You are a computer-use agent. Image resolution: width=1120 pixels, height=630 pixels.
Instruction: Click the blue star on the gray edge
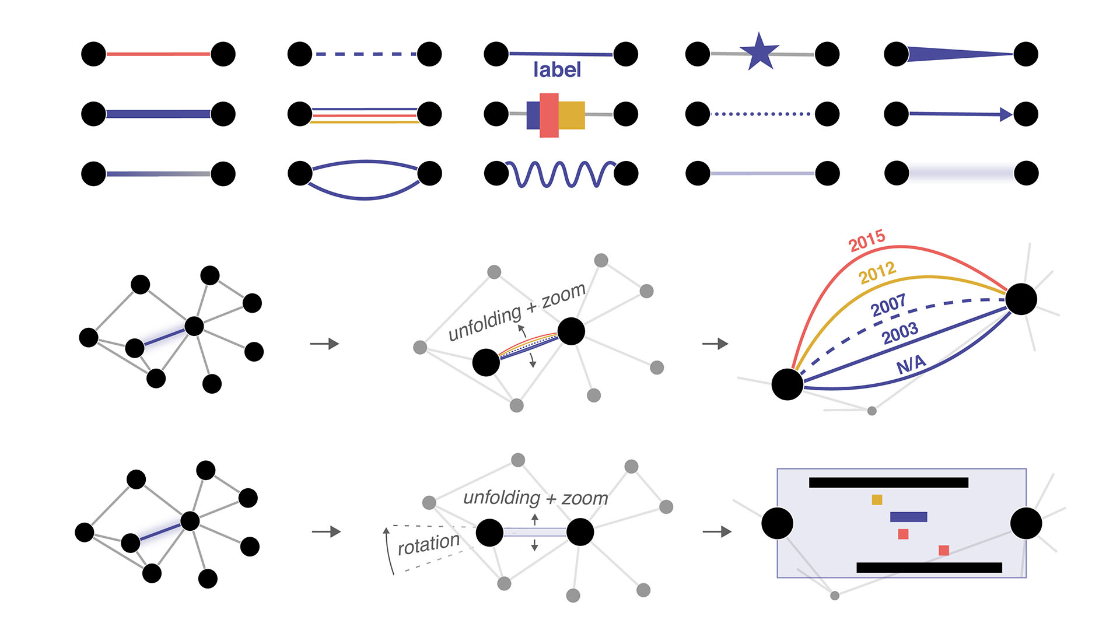click(x=759, y=52)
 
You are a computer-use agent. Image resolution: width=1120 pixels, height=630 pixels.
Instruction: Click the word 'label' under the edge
click(x=557, y=70)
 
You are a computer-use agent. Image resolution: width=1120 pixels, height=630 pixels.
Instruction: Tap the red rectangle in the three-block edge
click(x=549, y=115)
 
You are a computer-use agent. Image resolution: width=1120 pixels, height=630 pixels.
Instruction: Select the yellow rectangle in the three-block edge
click(x=572, y=115)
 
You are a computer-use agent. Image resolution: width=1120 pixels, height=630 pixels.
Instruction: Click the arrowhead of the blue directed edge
click(x=1006, y=114)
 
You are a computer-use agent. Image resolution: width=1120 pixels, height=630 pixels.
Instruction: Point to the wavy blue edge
click(x=560, y=174)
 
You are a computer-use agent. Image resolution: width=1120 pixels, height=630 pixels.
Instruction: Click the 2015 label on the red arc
click(x=867, y=240)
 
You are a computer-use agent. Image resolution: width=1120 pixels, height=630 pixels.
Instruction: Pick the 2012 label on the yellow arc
click(x=877, y=272)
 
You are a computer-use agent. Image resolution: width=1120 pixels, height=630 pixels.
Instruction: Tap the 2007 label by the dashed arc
click(x=888, y=304)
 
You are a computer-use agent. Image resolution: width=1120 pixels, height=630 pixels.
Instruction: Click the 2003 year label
click(x=900, y=333)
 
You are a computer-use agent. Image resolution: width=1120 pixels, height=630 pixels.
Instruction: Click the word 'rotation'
click(x=429, y=544)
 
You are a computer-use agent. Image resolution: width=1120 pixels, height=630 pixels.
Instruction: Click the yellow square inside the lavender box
click(x=877, y=499)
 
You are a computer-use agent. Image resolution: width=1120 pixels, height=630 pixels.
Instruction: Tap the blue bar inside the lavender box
click(x=908, y=517)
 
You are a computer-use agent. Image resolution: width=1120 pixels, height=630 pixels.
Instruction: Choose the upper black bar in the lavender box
click(x=888, y=482)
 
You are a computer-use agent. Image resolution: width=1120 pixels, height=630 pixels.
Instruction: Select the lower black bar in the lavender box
click(x=929, y=568)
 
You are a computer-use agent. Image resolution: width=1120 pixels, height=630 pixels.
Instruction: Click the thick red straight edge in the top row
click(x=158, y=54)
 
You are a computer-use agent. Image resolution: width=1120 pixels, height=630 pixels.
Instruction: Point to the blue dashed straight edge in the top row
click(x=365, y=54)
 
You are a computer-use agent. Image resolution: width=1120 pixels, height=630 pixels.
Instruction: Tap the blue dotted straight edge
click(x=762, y=114)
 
